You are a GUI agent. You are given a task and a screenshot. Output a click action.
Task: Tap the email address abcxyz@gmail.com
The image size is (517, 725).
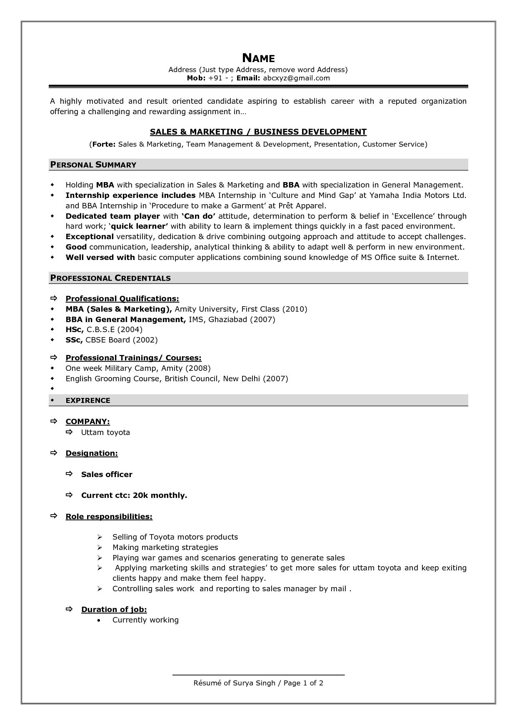296,78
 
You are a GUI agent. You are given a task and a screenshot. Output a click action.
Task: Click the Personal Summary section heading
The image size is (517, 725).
93,165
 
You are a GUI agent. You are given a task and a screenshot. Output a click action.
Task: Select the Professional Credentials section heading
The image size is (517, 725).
110,278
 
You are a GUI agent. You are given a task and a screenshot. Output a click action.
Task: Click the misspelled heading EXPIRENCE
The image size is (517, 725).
88,400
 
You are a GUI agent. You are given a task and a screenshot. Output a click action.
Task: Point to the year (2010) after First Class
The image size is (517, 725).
295,309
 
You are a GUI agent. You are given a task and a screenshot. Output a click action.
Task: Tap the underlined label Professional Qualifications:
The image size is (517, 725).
122,299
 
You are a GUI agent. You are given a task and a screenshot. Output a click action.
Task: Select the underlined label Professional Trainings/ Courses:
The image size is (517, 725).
133,358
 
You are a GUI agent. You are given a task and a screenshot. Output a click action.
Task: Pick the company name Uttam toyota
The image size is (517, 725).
105,432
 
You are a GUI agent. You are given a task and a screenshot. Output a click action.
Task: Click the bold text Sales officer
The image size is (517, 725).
107,475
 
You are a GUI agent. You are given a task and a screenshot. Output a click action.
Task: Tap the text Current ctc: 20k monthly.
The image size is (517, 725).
134,495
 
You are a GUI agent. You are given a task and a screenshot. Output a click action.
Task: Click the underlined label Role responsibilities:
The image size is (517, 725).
109,517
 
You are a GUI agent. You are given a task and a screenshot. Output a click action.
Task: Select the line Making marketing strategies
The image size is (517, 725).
165,547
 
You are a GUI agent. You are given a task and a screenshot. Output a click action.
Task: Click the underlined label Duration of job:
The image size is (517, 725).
114,610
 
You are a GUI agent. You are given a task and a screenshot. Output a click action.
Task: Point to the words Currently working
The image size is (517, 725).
145,620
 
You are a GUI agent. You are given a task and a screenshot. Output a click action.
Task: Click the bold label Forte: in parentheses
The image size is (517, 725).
103,144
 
